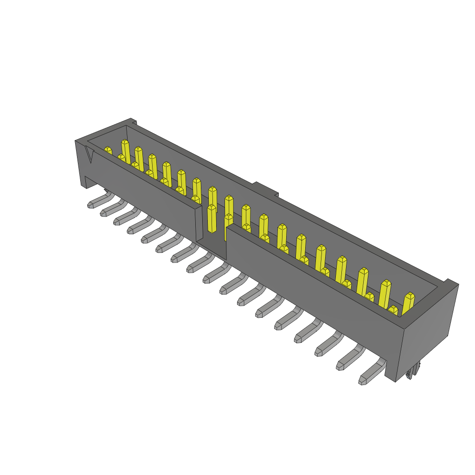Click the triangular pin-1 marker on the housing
click(90, 155)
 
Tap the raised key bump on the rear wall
click(265, 189)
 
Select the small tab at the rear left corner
click(134, 122)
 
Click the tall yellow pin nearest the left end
click(125, 151)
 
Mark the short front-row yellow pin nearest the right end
click(393, 310)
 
